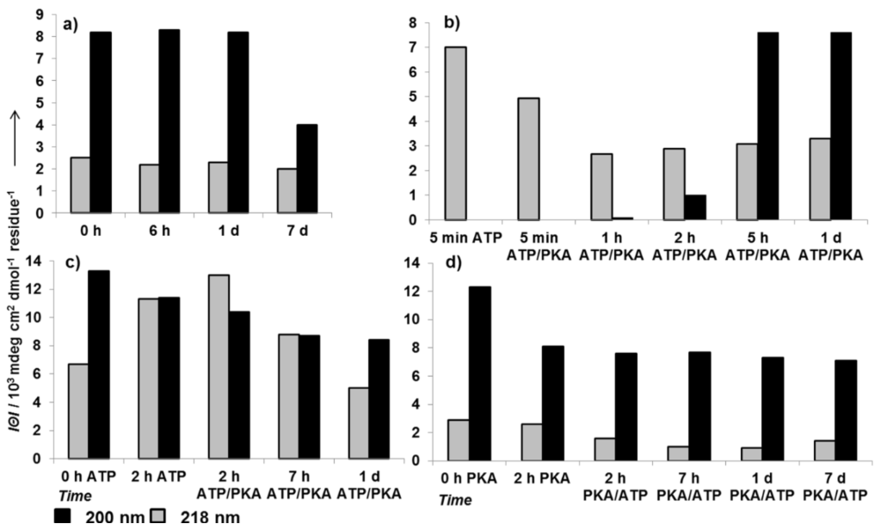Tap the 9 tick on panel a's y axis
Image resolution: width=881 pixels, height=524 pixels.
point(40,15)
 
